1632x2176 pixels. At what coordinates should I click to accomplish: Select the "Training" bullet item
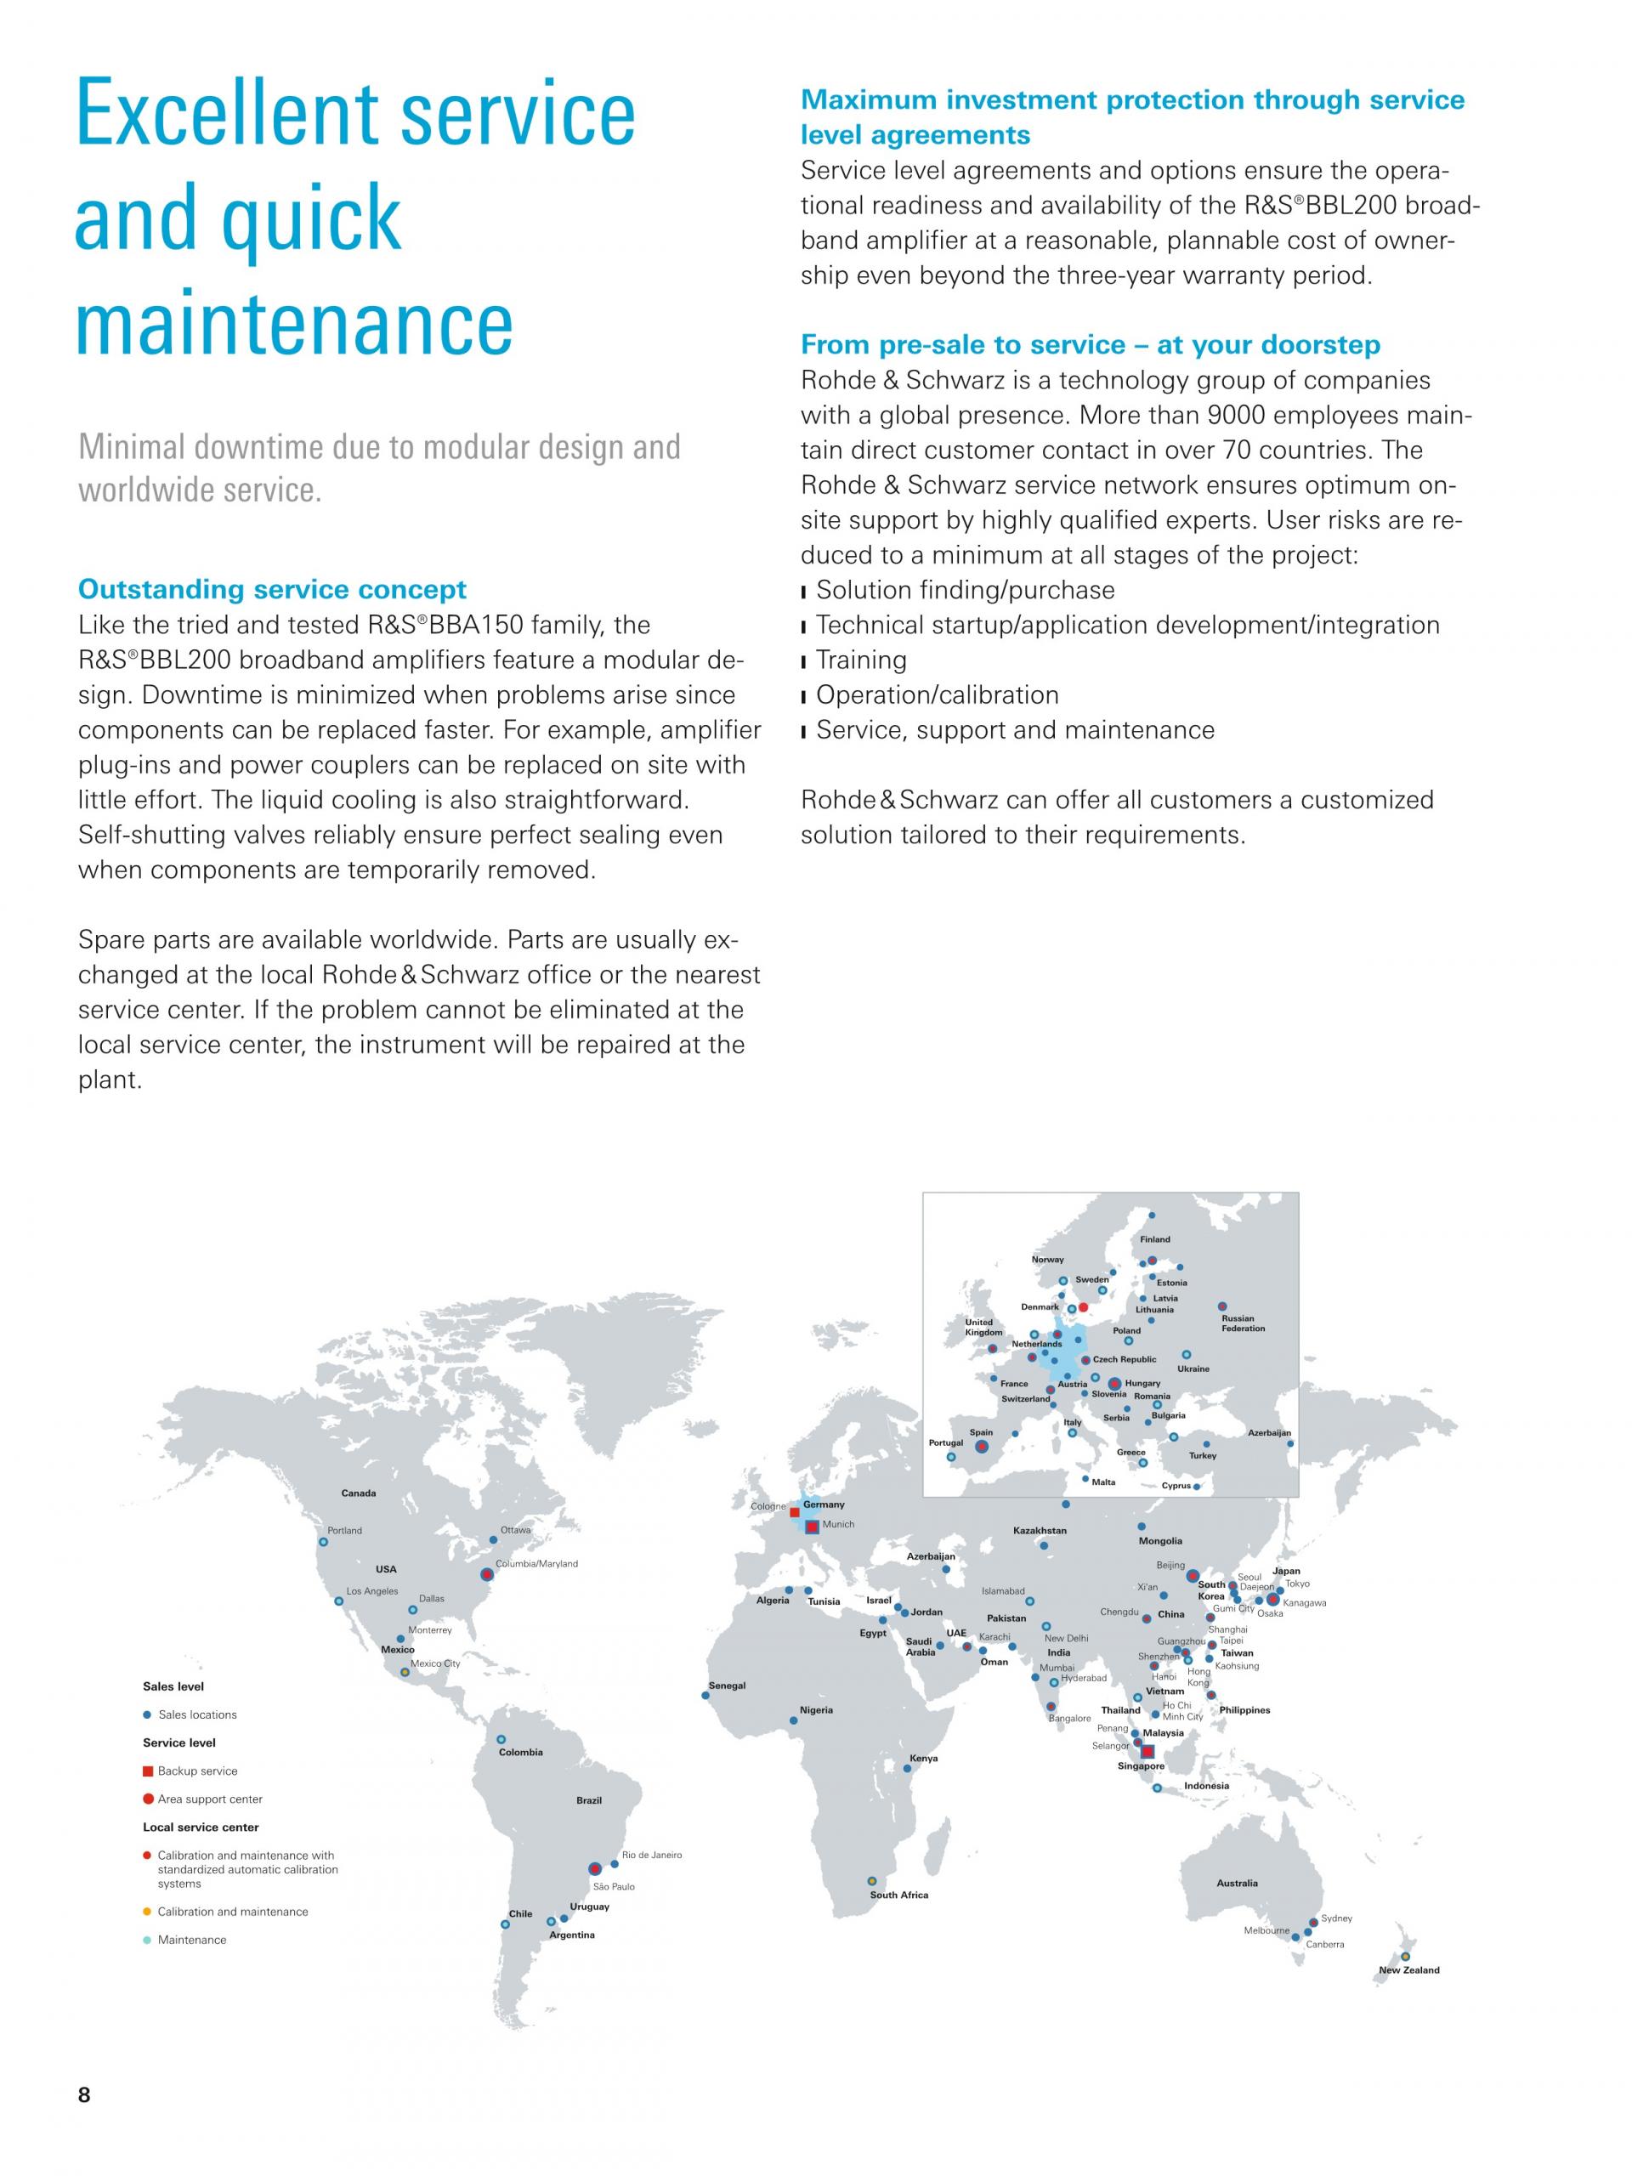coord(861,660)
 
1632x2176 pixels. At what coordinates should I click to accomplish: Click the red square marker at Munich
coord(812,1527)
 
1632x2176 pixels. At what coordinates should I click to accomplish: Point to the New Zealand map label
coord(1408,1970)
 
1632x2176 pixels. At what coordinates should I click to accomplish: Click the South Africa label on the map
coord(898,1895)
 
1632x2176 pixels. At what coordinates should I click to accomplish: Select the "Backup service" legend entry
coord(196,1771)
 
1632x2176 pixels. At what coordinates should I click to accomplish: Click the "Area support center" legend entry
coord(210,1799)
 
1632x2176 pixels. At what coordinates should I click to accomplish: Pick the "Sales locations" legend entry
coord(196,1714)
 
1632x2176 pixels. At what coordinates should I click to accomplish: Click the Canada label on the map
coord(358,1493)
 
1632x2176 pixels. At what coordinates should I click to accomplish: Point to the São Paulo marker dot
coord(594,1868)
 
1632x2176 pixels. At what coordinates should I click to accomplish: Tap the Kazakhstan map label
coord(1040,1531)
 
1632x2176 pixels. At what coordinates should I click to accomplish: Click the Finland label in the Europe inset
coord(1155,1239)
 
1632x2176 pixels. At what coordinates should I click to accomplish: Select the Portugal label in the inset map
coord(946,1443)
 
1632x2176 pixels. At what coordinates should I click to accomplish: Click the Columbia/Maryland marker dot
coord(485,1575)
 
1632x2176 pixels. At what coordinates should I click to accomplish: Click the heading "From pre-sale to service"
coord(1090,344)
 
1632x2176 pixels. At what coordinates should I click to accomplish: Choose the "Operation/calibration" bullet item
coord(937,695)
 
